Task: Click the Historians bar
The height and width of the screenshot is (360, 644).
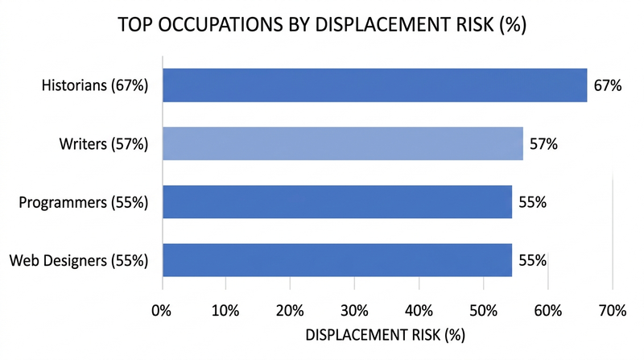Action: tap(374, 85)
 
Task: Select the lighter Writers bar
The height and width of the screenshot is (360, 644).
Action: tap(343, 144)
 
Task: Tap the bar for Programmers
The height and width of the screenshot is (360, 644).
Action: tap(337, 202)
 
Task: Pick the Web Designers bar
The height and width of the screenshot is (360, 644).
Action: tap(337, 260)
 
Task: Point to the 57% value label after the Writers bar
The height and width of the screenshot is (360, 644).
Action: tap(543, 145)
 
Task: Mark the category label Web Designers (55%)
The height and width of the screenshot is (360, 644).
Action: tap(79, 261)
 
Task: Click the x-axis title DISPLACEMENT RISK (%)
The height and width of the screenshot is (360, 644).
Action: tap(387, 333)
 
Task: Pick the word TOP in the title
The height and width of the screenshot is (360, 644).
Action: tap(134, 25)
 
